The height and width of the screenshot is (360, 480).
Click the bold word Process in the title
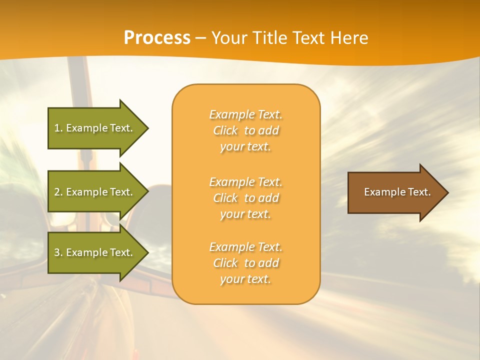[x=157, y=37]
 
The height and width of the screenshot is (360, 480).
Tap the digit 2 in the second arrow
[x=57, y=192]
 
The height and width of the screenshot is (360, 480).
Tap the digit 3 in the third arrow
[x=57, y=252]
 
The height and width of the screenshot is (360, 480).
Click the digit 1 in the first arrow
[x=57, y=128]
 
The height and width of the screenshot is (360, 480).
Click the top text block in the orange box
[x=245, y=130]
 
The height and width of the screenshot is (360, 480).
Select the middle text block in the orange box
[x=245, y=198]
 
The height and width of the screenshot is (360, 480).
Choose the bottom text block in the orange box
[x=245, y=263]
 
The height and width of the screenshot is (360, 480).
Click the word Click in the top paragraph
[x=225, y=130]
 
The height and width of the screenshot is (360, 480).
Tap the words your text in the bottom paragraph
[x=245, y=279]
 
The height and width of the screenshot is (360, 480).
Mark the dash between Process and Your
[x=201, y=38]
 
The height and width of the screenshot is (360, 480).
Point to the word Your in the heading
[x=229, y=37]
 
